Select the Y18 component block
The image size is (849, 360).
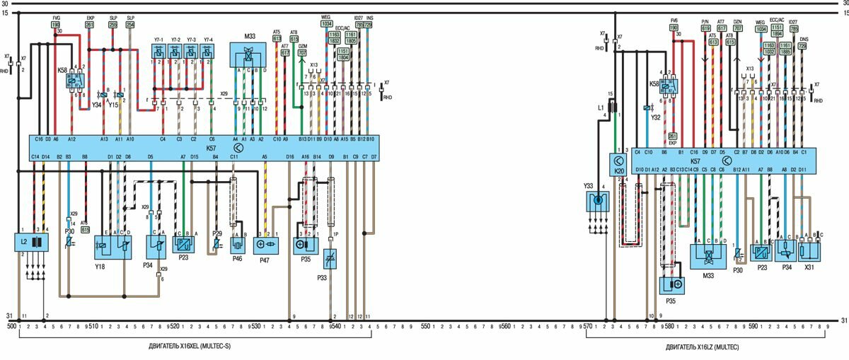click(112, 247)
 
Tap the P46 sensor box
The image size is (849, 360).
click(237, 245)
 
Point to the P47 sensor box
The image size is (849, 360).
click(267, 245)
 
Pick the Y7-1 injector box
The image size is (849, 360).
click(159, 52)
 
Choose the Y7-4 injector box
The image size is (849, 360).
click(208, 52)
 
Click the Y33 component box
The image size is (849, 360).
click(598, 202)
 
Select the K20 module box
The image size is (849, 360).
click(618, 165)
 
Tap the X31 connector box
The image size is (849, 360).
click(808, 252)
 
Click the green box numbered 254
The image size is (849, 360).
click(129, 24)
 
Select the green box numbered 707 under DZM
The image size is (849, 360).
click(302, 52)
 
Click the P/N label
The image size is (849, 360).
click(705, 21)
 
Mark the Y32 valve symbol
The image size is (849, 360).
click(647, 108)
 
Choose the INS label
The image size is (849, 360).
click(368, 17)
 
